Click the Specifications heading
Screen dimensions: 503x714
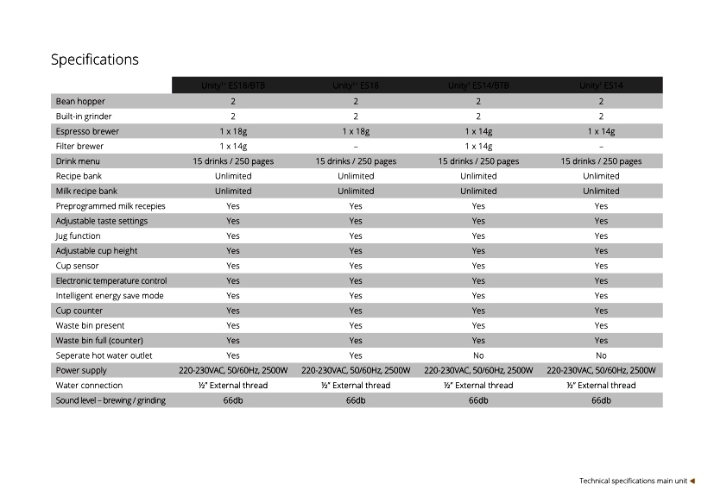point(95,60)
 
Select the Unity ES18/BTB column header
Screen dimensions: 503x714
point(233,85)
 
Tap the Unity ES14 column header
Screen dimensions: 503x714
point(601,85)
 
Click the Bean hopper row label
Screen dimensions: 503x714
point(80,101)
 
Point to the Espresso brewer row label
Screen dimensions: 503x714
point(87,131)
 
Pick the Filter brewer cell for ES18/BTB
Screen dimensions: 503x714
point(233,146)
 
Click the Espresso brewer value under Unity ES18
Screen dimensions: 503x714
point(356,131)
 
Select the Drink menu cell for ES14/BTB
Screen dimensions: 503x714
point(478,161)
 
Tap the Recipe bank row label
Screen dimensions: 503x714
point(79,176)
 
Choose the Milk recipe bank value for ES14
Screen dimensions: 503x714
point(601,191)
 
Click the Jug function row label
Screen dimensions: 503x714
point(78,236)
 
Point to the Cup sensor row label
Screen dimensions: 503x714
point(77,266)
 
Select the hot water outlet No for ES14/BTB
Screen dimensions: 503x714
point(478,355)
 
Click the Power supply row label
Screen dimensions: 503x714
point(80,370)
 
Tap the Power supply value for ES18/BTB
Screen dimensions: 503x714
point(233,370)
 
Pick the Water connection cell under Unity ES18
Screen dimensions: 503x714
point(356,385)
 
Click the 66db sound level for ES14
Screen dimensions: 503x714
point(601,400)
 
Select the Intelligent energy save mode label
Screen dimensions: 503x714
point(110,295)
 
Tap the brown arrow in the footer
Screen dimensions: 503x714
point(692,481)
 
